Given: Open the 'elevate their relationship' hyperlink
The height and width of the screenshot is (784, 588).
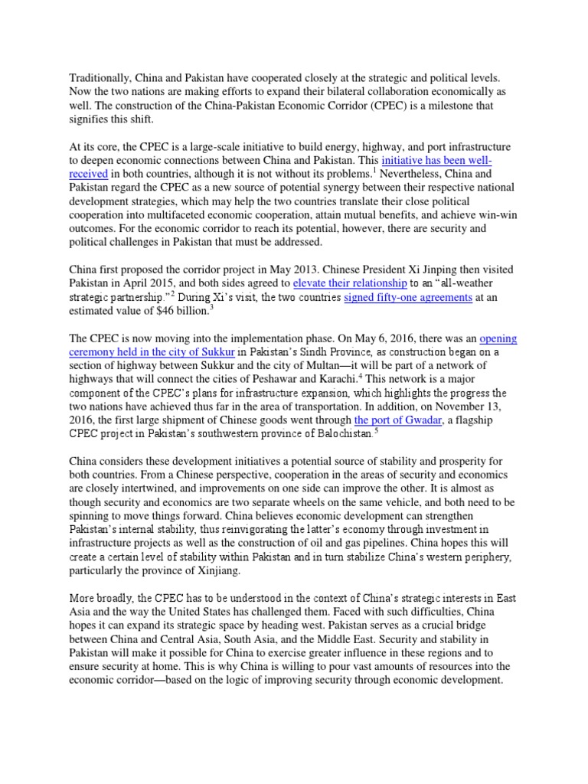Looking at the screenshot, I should [x=344, y=283].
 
